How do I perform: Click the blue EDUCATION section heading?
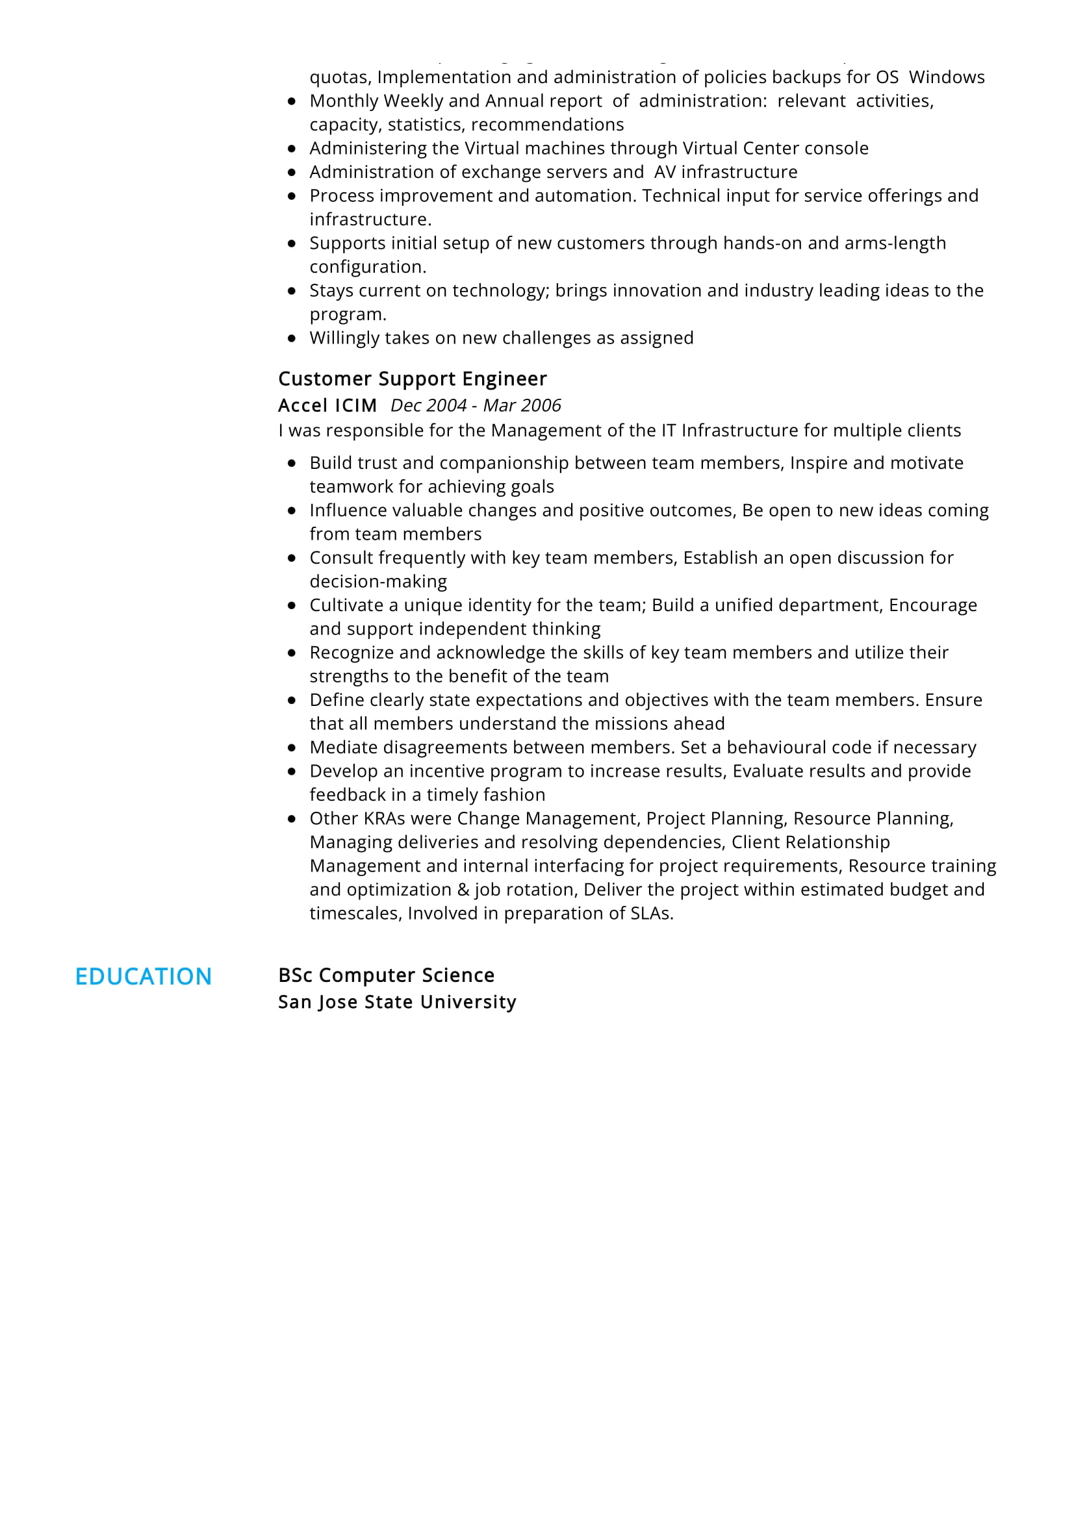(x=143, y=977)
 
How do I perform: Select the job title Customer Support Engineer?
(x=413, y=379)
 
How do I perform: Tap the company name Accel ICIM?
(x=327, y=405)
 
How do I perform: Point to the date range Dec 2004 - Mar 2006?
(x=475, y=405)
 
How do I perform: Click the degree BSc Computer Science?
(x=386, y=975)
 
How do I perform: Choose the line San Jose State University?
(x=397, y=1001)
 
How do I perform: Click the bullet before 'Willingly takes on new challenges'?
(x=292, y=338)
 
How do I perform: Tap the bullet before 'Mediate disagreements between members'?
(x=292, y=747)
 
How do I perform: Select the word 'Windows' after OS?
(x=946, y=77)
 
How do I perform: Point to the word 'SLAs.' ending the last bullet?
(x=652, y=913)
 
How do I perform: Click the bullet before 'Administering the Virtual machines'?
(x=292, y=148)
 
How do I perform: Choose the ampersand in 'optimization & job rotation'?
(x=463, y=889)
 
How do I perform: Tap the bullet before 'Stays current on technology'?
(x=292, y=290)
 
